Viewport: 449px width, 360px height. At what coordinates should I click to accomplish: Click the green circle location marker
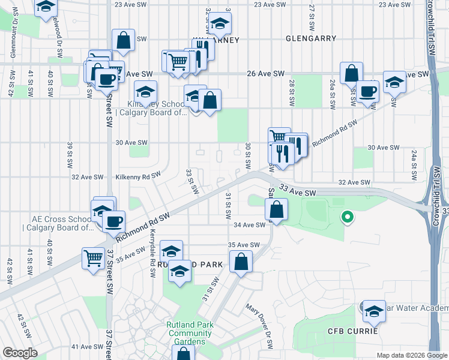(346, 217)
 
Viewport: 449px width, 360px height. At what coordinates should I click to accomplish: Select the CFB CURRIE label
(352, 331)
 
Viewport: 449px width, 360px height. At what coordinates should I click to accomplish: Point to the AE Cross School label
(58, 223)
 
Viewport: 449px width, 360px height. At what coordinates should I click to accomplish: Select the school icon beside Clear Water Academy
(374, 311)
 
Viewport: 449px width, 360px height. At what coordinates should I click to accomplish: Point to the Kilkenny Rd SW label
(139, 176)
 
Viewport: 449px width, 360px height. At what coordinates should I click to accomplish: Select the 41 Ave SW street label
(88, 347)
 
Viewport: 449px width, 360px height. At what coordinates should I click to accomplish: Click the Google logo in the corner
(19, 353)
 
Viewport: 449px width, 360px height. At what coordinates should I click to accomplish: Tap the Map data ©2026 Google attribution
(411, 355)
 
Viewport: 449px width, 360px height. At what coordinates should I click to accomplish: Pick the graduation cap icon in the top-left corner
(45, 7)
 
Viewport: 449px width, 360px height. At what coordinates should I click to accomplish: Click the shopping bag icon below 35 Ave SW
(240, 262)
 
